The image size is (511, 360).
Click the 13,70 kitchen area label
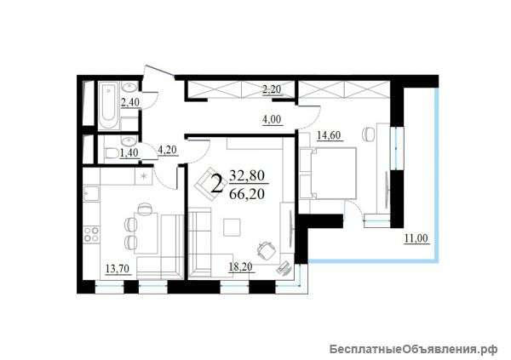[x=118, y=269]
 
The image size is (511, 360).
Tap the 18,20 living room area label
[x=240, y=267]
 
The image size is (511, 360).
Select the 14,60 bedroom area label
[x=329, y=134]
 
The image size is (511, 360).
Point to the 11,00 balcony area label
[x=416, y=238]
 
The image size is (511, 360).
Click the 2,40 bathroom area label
[x=130, y=102]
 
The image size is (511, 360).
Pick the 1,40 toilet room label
[x=129, y=152]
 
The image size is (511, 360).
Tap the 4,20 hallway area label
[x=167, y=150]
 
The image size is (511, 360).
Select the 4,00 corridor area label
[x=272, y=119]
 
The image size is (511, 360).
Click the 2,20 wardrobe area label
[x=272, y=89]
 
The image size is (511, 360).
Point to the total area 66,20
[x=247, y=194]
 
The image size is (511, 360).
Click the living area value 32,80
[x=247, y=176]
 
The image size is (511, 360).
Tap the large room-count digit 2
[x=218, y=184]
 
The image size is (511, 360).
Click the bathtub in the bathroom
[x=108, y=106]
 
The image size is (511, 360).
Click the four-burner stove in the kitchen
[x=91, y=234]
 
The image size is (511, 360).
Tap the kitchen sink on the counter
[x=91, y=194]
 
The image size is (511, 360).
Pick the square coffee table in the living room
[x=232, y=227]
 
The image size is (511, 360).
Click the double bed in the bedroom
[x=328, y=173]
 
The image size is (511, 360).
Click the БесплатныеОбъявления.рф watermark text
[x=413, y=349]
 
